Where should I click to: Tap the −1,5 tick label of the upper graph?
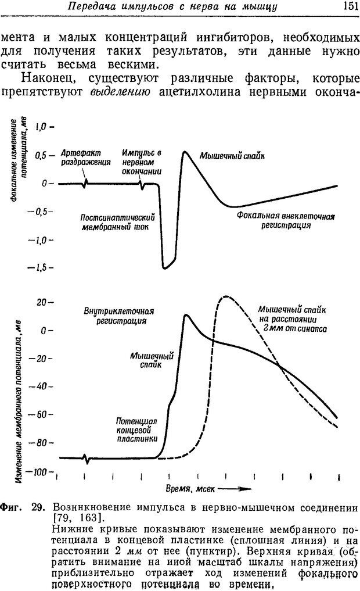tap(41, 268)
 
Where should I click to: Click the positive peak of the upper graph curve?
tap(184, 152)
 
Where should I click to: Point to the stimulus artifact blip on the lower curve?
tap(87, 459)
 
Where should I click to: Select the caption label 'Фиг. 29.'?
tap(21, 507)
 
